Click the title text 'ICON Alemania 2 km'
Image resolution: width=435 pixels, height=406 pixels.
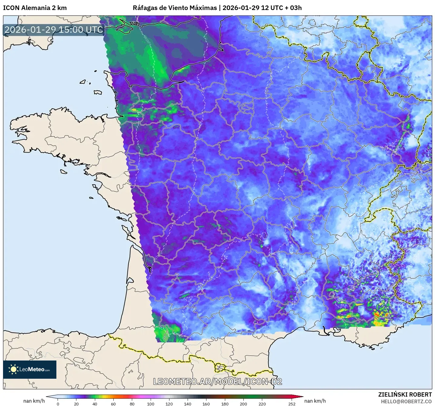tap(35, 8)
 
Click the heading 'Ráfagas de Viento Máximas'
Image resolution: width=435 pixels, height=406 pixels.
tap(175, 8)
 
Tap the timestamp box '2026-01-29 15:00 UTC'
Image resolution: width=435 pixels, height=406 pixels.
tap(54, 30)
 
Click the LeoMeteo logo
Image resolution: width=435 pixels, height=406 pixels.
tap(30, 369)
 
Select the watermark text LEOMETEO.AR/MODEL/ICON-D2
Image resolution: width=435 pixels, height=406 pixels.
tap(217, 381)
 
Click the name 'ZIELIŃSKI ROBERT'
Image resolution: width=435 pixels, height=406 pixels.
tap(405, 394)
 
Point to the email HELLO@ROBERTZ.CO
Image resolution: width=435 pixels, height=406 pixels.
tap(406, 401)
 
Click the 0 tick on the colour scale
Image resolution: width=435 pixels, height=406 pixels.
tap(58, 404)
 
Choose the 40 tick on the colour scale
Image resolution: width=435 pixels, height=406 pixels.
tap(95, 404)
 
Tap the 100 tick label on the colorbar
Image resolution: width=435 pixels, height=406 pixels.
tap(151, 404)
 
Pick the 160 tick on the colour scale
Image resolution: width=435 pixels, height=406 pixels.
tap(206, 404)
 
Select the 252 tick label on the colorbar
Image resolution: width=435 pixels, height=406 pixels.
tap(292, 404)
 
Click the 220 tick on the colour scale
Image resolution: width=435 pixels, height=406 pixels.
tap(262, 404)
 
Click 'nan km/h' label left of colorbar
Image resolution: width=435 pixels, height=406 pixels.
tap(34, 401)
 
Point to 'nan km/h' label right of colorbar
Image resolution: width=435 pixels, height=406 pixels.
tap(315, 401)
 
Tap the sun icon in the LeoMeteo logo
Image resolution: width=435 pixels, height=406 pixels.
tap(13, 369)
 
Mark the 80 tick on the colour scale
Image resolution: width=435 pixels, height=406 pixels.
tap(132, 404)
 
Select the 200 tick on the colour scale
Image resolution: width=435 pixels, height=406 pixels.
tap(243, 404)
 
